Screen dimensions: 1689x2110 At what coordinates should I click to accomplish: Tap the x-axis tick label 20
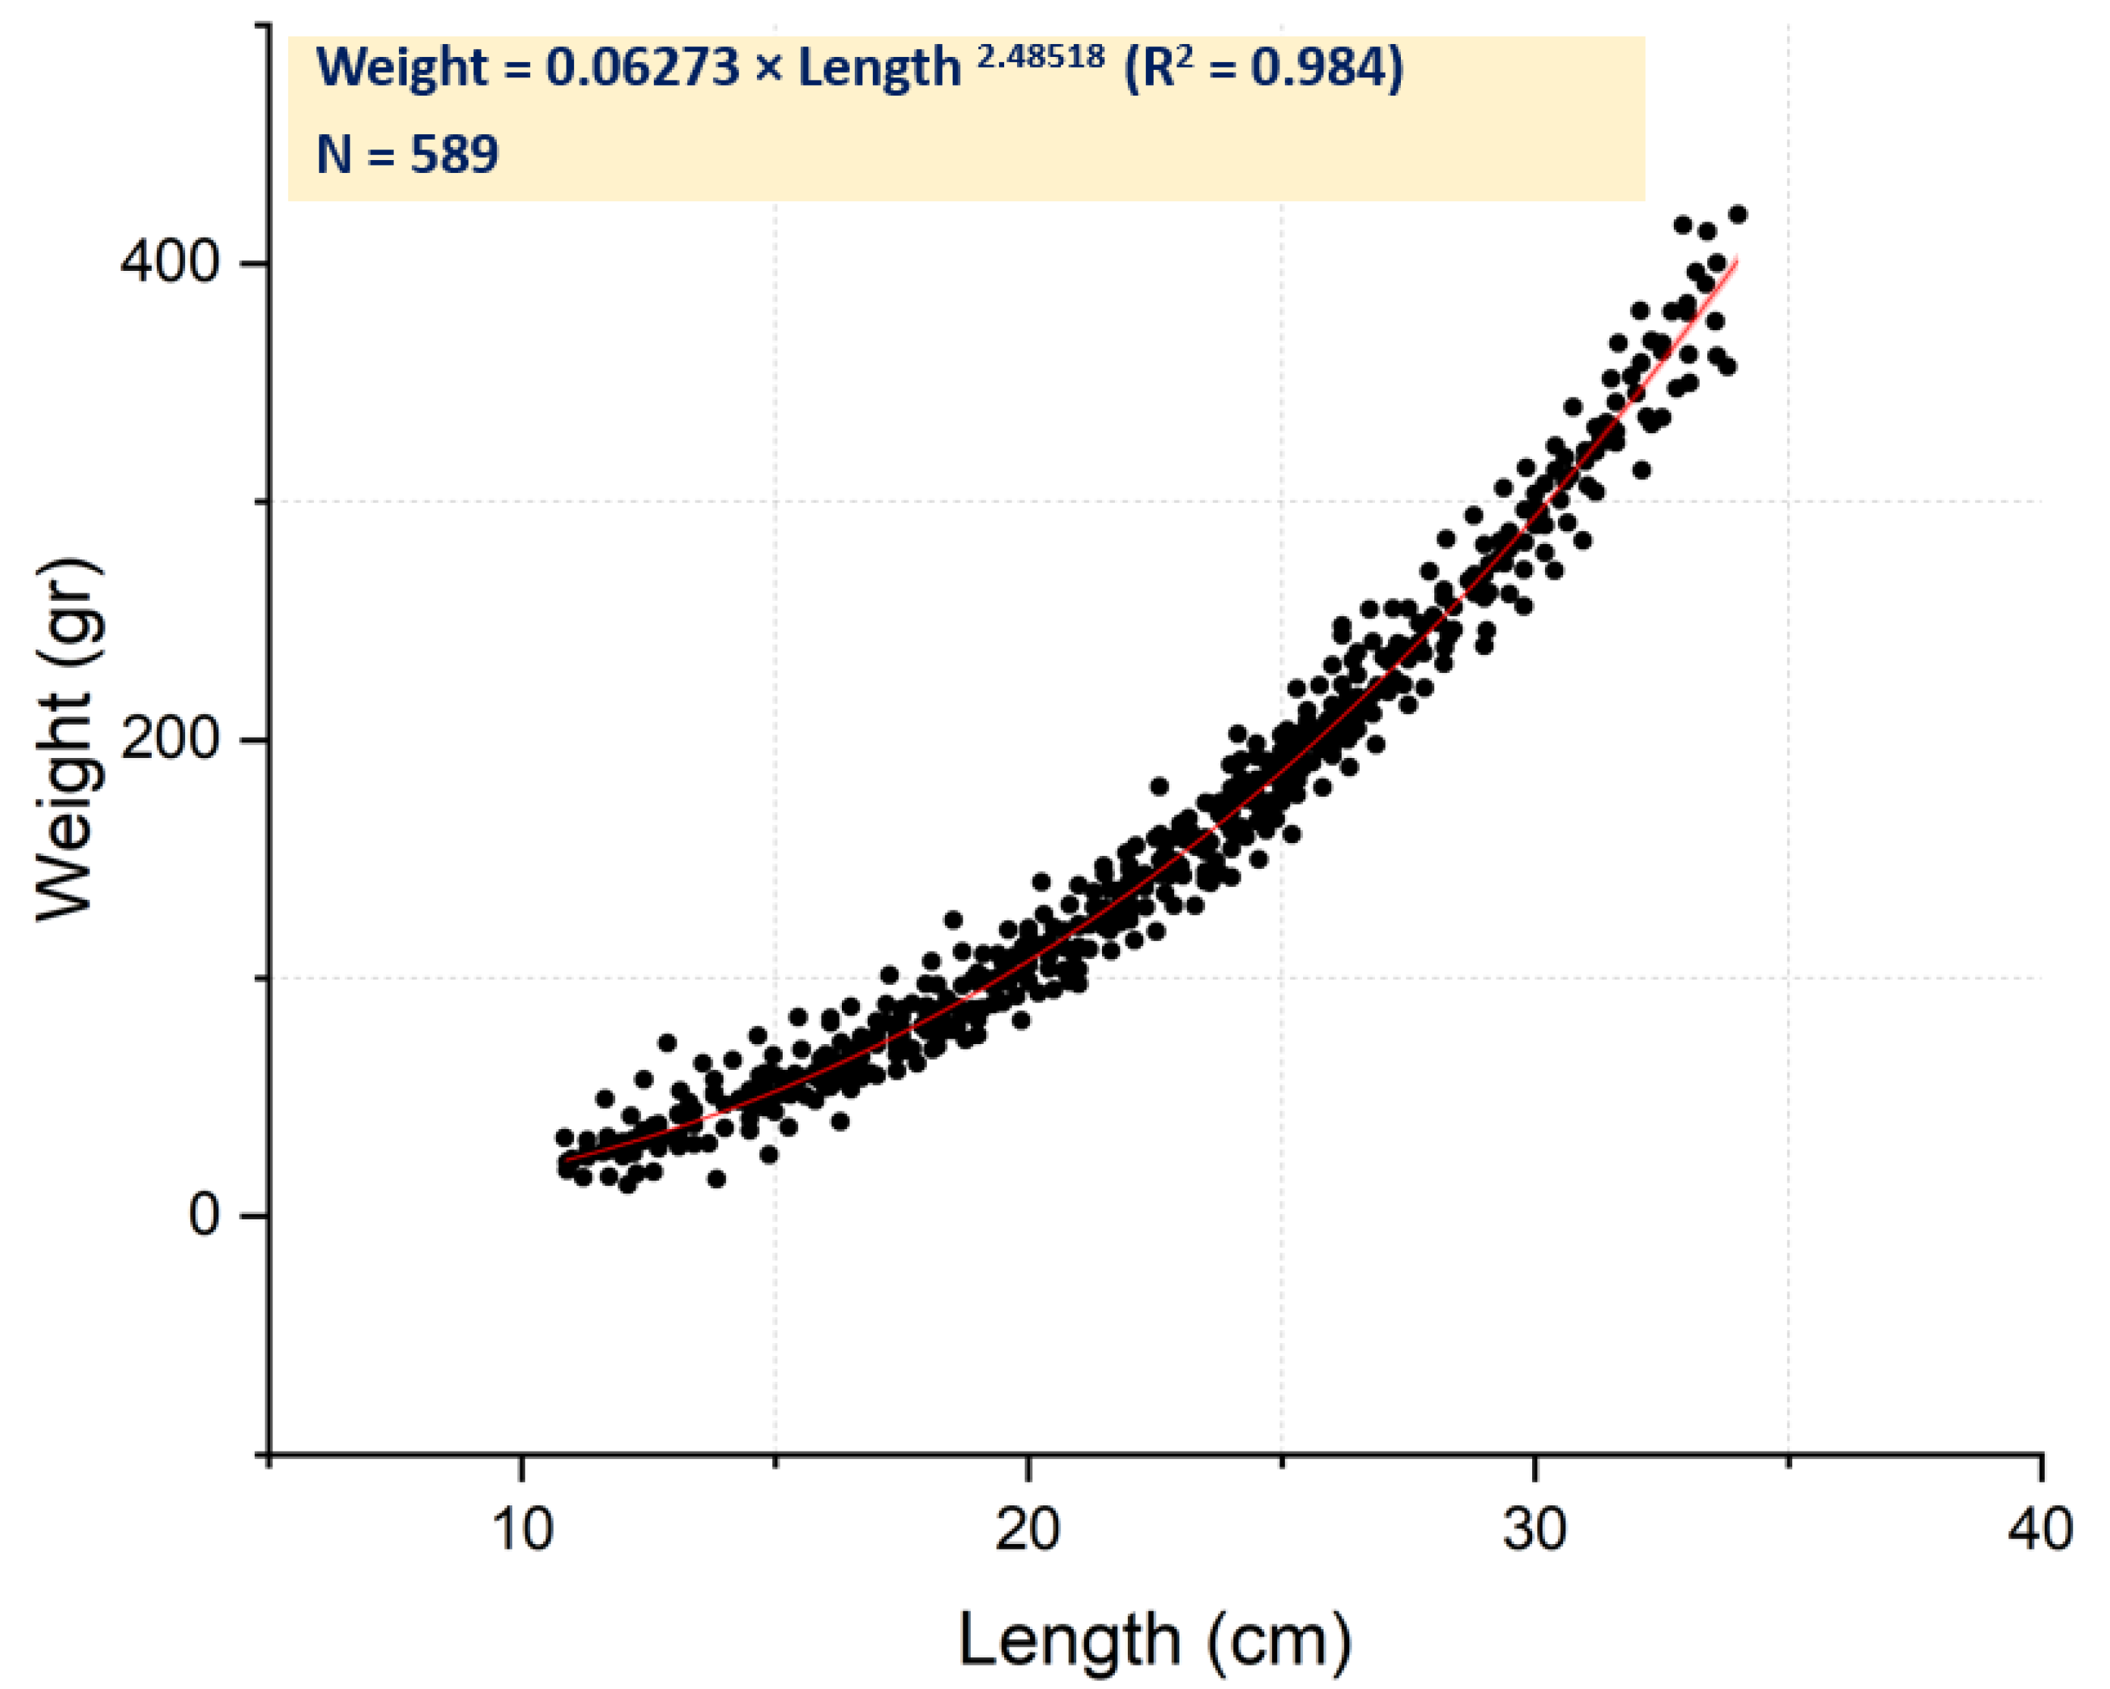pyautogui.click(x=1028, y=1530)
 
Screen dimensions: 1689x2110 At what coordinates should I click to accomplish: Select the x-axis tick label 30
pyautogui.click(x=1534, y=1530)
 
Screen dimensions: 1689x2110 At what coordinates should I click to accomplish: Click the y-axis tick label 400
pyautogui.click(x=168, y=263)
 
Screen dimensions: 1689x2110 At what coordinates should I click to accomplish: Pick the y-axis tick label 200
pyautogui.click(x=168, y=738)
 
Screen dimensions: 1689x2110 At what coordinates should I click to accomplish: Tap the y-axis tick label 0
pyautogui.click(x=202, y=1215)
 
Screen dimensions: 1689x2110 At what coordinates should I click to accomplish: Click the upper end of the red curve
pyautogui.click(x=1737, y=259)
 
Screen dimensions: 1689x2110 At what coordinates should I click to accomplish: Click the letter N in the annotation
pyautogui.click(x=334, y=155)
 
